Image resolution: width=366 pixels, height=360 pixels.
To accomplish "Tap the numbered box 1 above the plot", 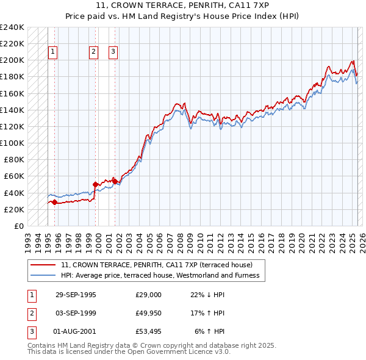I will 53,52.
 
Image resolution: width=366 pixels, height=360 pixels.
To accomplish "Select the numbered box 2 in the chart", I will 93,52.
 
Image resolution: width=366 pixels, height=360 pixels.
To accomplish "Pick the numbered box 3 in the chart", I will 113,52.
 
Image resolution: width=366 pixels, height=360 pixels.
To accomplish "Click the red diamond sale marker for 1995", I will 55,202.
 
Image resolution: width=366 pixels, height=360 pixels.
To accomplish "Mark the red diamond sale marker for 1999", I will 95,184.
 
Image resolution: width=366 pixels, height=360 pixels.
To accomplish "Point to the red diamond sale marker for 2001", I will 115,181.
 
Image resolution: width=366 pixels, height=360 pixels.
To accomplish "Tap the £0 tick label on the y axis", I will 18,226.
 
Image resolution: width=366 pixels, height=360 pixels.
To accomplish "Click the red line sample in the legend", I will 43,265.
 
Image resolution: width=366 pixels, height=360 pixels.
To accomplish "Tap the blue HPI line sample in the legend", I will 43,275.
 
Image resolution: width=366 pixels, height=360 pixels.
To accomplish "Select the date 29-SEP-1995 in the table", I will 75,295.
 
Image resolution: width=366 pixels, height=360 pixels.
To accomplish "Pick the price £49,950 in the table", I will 148,313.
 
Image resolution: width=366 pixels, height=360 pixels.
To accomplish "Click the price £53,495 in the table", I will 148,331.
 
